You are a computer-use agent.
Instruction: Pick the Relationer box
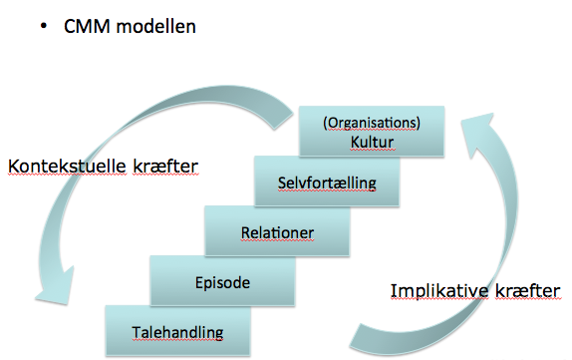[277, 231]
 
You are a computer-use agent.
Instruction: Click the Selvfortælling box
[327, 182]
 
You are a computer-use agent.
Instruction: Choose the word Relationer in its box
[277, 233]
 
